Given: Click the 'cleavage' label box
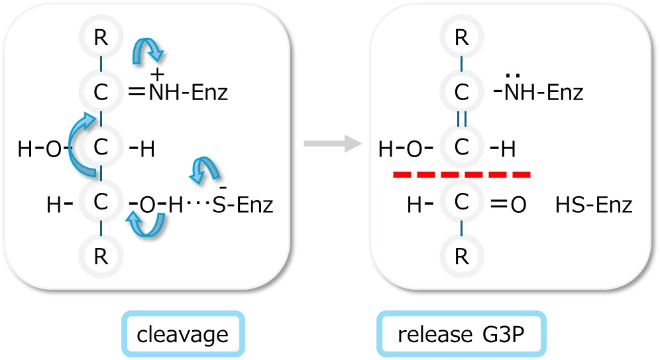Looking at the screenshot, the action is [x=183, y=334].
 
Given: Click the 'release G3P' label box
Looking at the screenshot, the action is [x=461, y=334].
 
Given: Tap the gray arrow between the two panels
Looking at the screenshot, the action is [x=333, y=144].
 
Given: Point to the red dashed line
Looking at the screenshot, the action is [x=462, y=174].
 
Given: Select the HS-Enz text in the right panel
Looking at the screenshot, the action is [x=594, y=205].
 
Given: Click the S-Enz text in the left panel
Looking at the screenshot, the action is [x=243, y=205].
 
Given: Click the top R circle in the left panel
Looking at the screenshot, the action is [x=101, y=37].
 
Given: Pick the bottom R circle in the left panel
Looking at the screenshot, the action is [x=101, y=256].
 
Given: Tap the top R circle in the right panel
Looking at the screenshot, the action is [x=462, y=37].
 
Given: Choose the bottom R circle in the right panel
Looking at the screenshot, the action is [x=462, y=256].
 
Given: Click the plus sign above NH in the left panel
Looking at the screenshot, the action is [x=158, y=74].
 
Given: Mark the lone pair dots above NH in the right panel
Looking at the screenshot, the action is [x=513, y=76].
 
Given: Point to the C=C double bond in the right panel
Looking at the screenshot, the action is [x=462, y=119].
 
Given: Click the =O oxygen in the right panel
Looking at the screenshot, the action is [x=518, y=205].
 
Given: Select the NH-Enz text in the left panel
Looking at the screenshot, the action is [x=188, y=92].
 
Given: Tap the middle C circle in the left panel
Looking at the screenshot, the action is [x=101, y=147].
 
